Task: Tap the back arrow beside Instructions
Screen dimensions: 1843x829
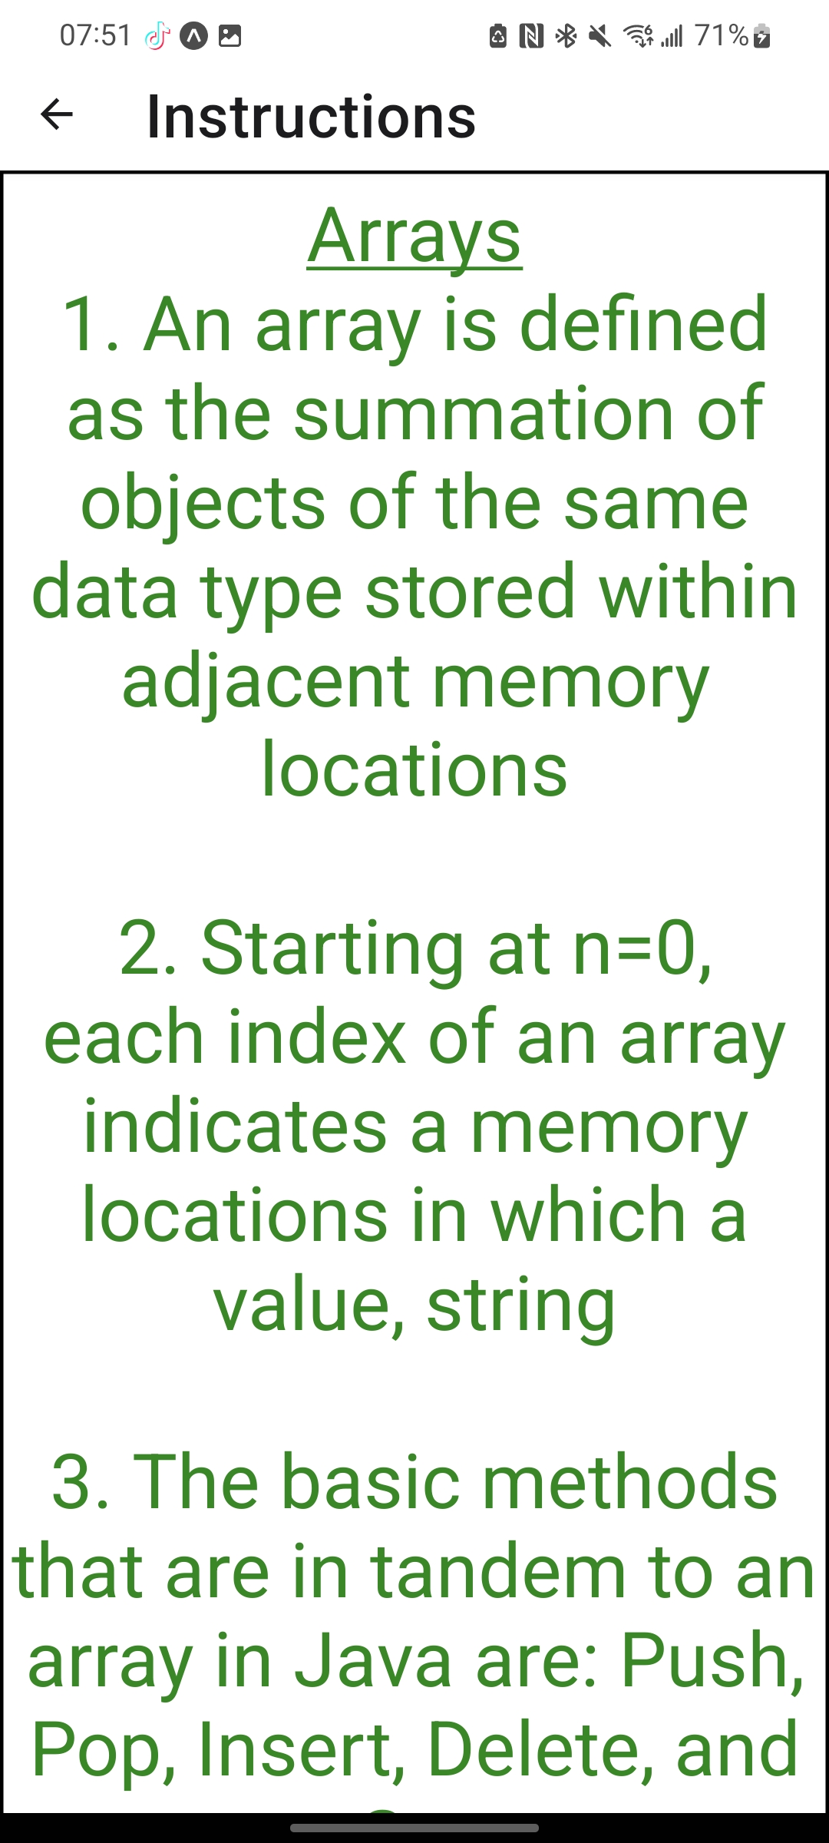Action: pos(57,115)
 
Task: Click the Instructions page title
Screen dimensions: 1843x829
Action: pos(311,117)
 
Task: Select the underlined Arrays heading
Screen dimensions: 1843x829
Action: pos(414,237)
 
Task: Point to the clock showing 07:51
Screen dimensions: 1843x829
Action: pos(95,35)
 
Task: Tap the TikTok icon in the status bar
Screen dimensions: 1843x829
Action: pos(157,35)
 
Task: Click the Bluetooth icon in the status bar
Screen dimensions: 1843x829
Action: pos(566,35)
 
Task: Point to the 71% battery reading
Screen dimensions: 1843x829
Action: pos(721,35)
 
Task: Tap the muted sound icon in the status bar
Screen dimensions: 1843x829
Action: pos(599,35)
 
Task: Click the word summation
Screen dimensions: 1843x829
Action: pos(484,415)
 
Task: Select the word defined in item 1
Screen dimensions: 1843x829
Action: pos(643,326)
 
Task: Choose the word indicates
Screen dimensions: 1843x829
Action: pos(235,1127)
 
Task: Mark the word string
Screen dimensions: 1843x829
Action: pos(520,1305)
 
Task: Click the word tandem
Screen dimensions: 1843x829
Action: pos(499,1573)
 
